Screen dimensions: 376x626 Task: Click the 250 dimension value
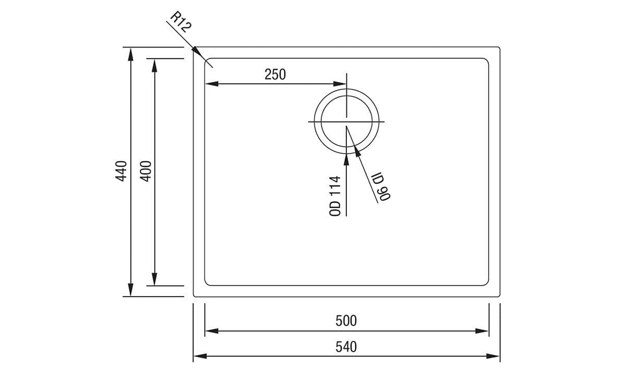[275, 75]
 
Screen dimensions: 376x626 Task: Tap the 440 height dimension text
[121, 171]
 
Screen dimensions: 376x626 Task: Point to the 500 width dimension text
[346, 320]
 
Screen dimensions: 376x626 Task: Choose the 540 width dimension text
[346, 346]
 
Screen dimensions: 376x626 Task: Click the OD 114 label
[336, 196]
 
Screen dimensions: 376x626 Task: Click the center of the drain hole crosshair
[346, 121]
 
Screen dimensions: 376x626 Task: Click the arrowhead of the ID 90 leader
[357, 151]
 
